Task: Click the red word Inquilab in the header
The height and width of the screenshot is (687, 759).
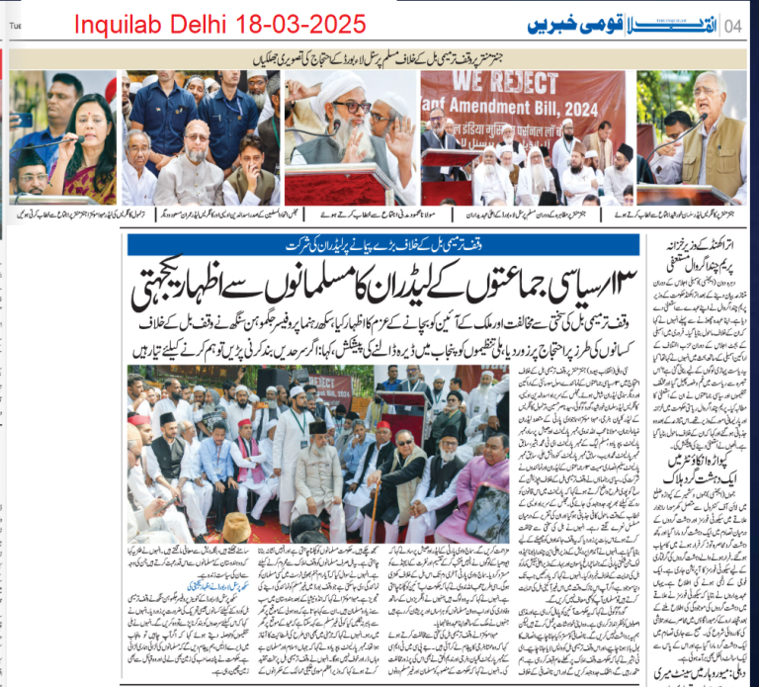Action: [116, 23]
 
